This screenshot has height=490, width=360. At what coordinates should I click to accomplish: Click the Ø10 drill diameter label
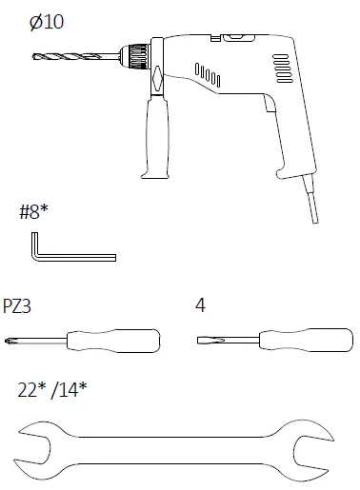pos(47,21)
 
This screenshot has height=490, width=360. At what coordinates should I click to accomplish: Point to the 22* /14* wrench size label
pos(53,390)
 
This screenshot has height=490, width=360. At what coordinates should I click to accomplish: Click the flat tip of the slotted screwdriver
pos(202,339)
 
